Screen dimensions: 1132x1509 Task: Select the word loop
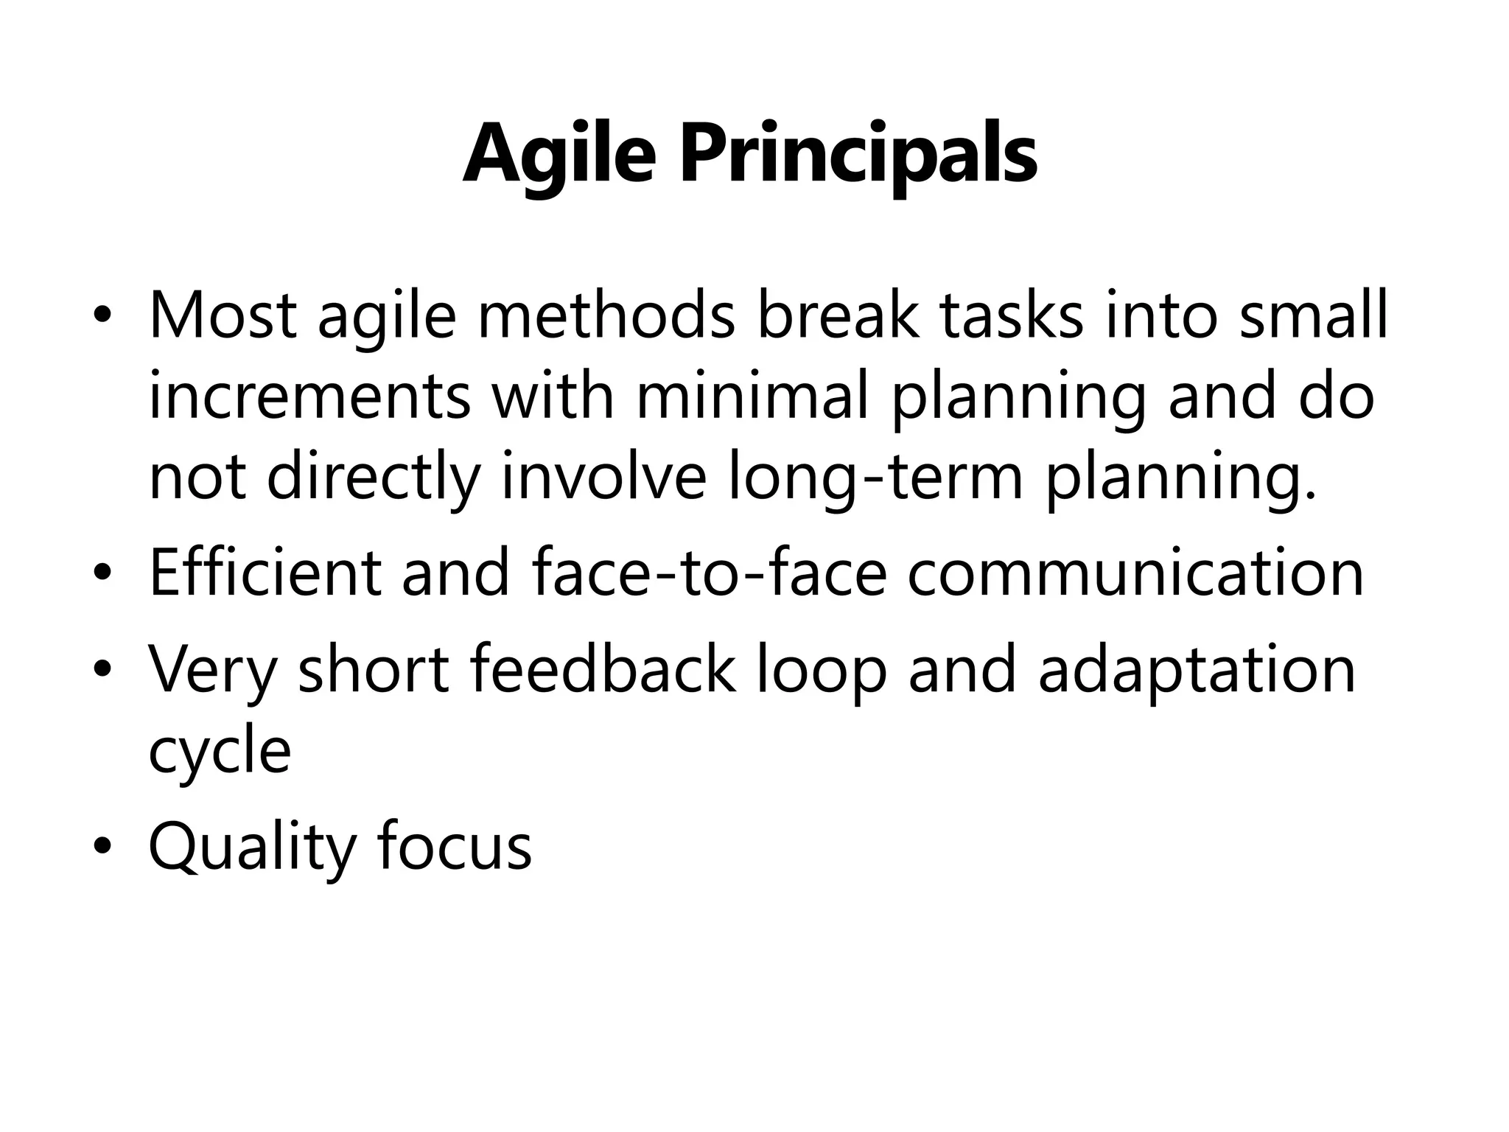click(822, 669)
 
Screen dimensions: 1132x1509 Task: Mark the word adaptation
click(1197, 669)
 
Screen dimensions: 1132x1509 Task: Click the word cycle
click(220, 752)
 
